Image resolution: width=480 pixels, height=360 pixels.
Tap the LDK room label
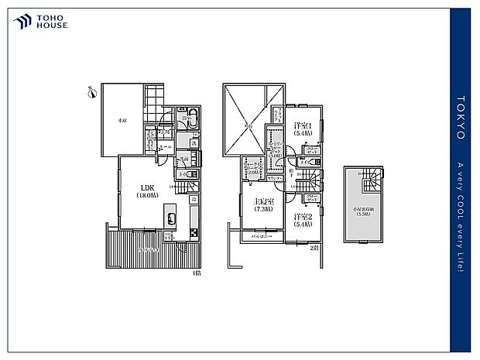click(147, 191)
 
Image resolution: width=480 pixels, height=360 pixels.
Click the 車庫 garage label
click(122, 122)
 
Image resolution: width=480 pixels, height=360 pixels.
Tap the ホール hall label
click(165, 146)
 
